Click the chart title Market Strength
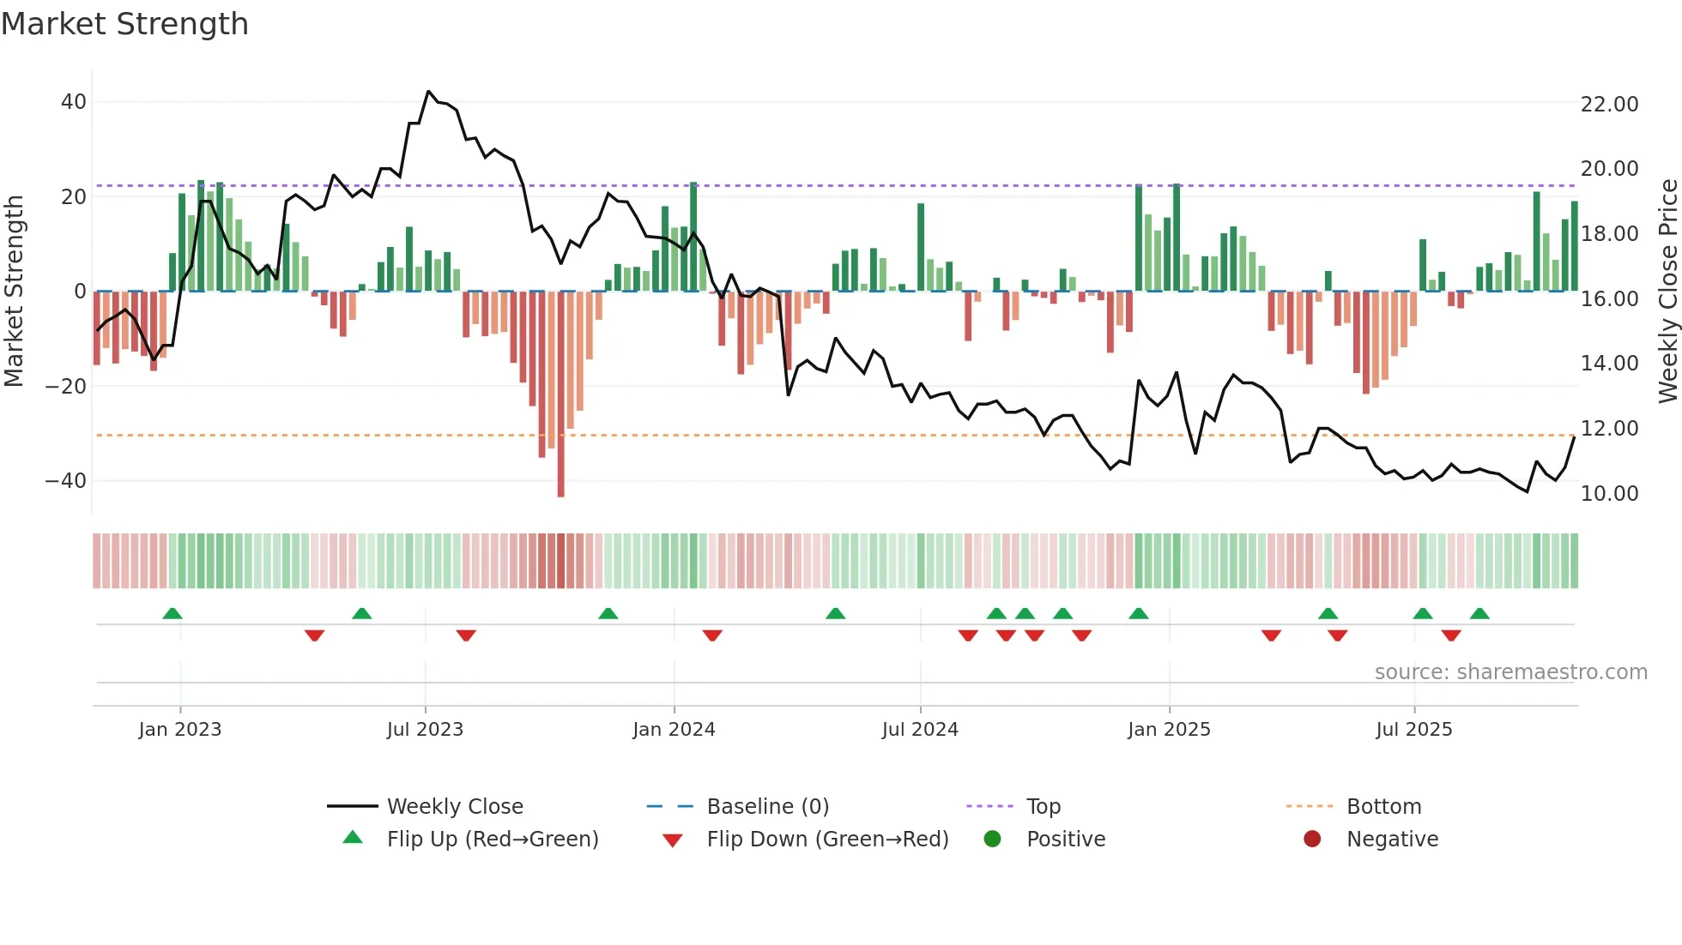click(x=124, y=24)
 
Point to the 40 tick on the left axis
click(x=74, y=102)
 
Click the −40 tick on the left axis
click(x=66, y=481)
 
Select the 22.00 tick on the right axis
click(x=1609, y=105)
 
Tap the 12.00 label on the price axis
click(x=1609, y=429)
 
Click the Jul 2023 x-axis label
click(x=425, y=730)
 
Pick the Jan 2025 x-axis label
click(x=1169, y=730)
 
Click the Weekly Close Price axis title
click(x=1667, y=292)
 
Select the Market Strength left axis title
click(x=15, y=292)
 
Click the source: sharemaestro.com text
click(x=1510, y=672)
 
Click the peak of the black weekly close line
click(x=429, y=92)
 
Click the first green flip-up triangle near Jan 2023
click(x=172, y=614)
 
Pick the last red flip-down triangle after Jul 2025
click(x=1451, y=635)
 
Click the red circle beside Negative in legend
click(x=1312, y=840)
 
